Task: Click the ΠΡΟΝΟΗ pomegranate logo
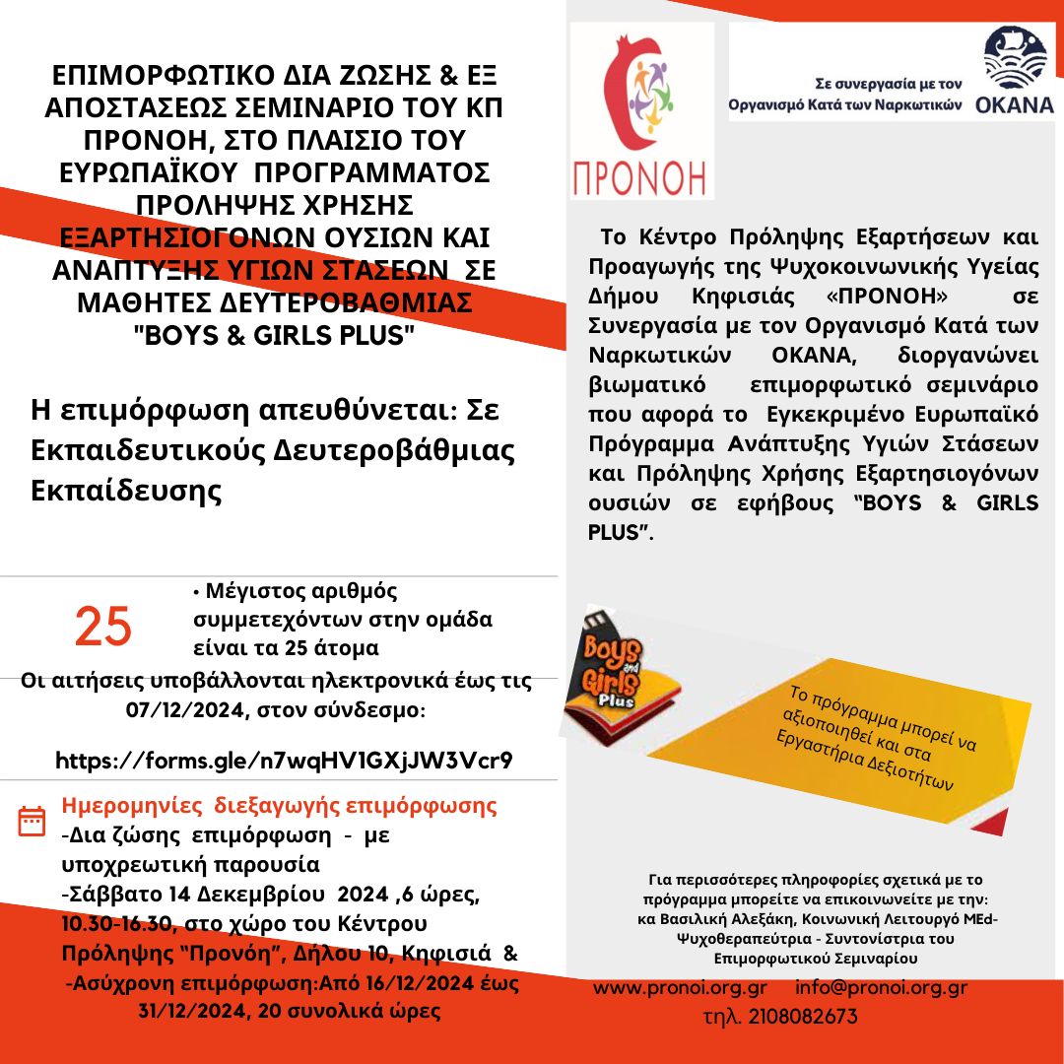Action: click(x=641, y=111)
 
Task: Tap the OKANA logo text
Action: click(x=1015, y=105)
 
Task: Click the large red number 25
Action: click(x=103, y=627)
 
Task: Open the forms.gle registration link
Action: click(x=284, y=761)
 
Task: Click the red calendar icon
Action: click(x=33, y=820)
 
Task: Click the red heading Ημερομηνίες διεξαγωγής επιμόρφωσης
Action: click(x=279, y=806)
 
